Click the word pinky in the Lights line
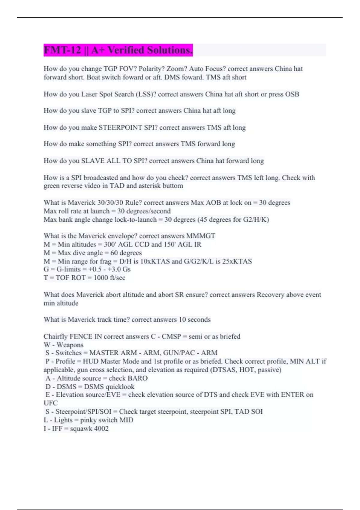click(88, 420)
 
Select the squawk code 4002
click(101, 428)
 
